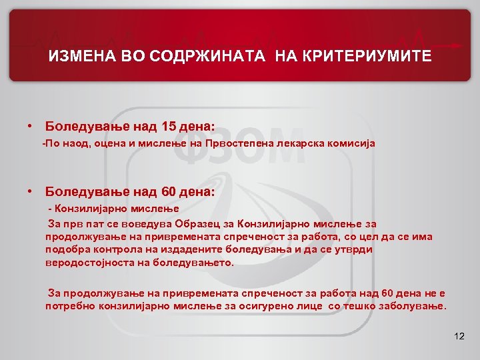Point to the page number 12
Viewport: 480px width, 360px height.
[x=458, y=335]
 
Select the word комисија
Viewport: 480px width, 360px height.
[x=353, y=143]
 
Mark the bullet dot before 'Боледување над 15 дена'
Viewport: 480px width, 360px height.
[x=31, y=125]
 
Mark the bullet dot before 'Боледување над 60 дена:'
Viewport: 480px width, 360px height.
[x=31, y=192]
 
